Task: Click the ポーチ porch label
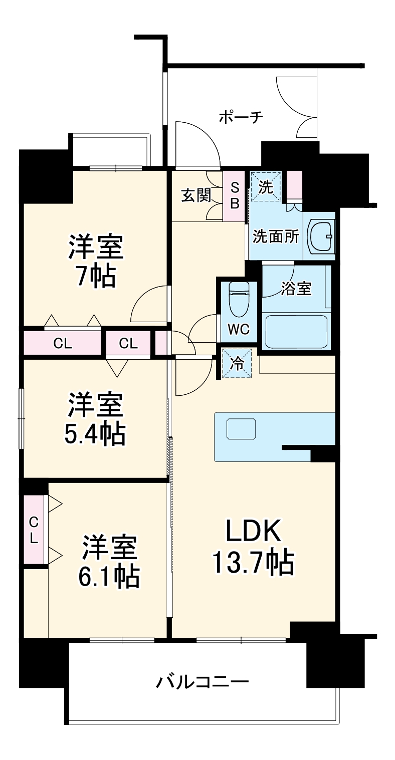(241, 117)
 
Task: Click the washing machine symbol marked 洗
(266, 187)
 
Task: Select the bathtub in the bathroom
(296, 331)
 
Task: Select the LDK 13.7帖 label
(253, 547)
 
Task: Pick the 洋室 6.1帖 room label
(109, 562)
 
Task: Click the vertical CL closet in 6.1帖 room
(34, 530)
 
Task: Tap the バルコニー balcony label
(202, 681)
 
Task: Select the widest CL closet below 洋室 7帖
(63, 343)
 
